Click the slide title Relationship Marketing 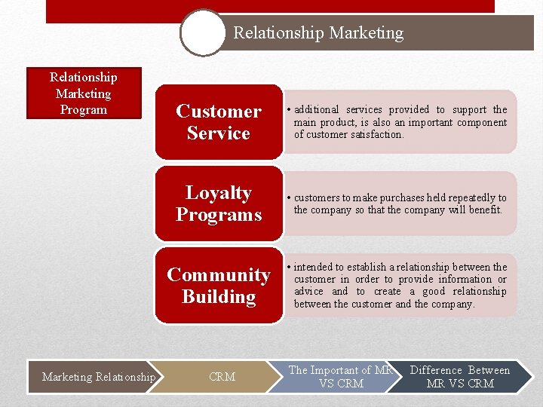tap(318, 33)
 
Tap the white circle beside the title tap(203, 32)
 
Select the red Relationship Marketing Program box tap(83, 93)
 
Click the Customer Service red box tap(218, 122)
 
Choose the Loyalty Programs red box tap(218, 203)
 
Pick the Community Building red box tap(218, 286)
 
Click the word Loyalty tap(218, 193)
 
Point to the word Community tap(218, 275)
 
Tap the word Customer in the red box tap(218, 112)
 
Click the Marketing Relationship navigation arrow tap(99, 377)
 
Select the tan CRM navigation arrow tap(222, 377)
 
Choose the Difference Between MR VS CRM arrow tap(459, 377)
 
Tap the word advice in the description tap(308, 292)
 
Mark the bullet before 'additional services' tap(288, 110)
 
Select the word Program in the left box tap(83, 110)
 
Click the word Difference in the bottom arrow tap(435, 370)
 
